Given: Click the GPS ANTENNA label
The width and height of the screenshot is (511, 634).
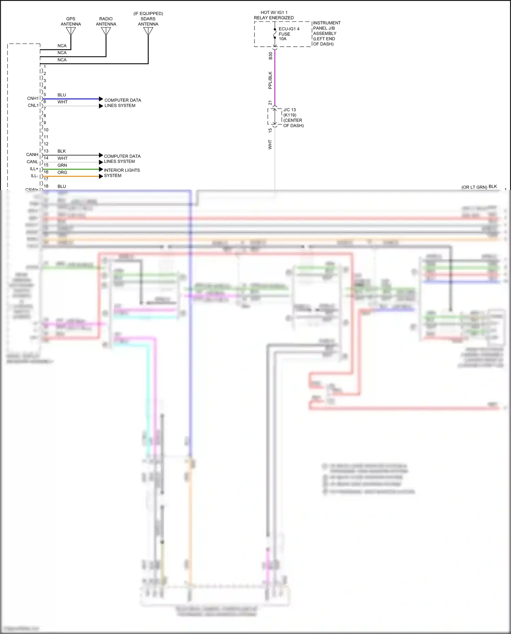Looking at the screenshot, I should [x=71, y=21].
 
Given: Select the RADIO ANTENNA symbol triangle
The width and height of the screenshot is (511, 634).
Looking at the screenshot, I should [x=106, y=31].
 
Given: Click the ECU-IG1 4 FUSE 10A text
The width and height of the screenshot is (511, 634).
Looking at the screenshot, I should [x=289, y=34].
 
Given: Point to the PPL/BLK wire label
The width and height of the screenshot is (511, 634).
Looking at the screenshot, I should [x=270, y=80].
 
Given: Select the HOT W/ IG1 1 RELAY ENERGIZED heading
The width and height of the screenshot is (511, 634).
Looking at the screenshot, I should [x=274, y=15].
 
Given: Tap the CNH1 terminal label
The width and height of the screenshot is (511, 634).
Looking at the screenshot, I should [x=33, y=98].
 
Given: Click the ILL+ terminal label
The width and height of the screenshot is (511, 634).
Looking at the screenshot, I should [x=34, y=169].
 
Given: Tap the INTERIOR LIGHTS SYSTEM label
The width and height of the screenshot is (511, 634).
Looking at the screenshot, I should [x=122, y=173].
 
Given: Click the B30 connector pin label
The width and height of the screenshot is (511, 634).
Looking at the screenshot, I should [x=270, y=56].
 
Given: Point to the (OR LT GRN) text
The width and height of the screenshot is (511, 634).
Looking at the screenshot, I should [x=474, y=187].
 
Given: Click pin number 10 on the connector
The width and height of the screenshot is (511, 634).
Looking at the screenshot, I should [x=46, y=130].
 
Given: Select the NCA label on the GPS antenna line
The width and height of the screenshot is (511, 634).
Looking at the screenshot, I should [x=62, y=46].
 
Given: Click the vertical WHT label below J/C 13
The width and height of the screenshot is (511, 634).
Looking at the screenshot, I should [x=270, y=144].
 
